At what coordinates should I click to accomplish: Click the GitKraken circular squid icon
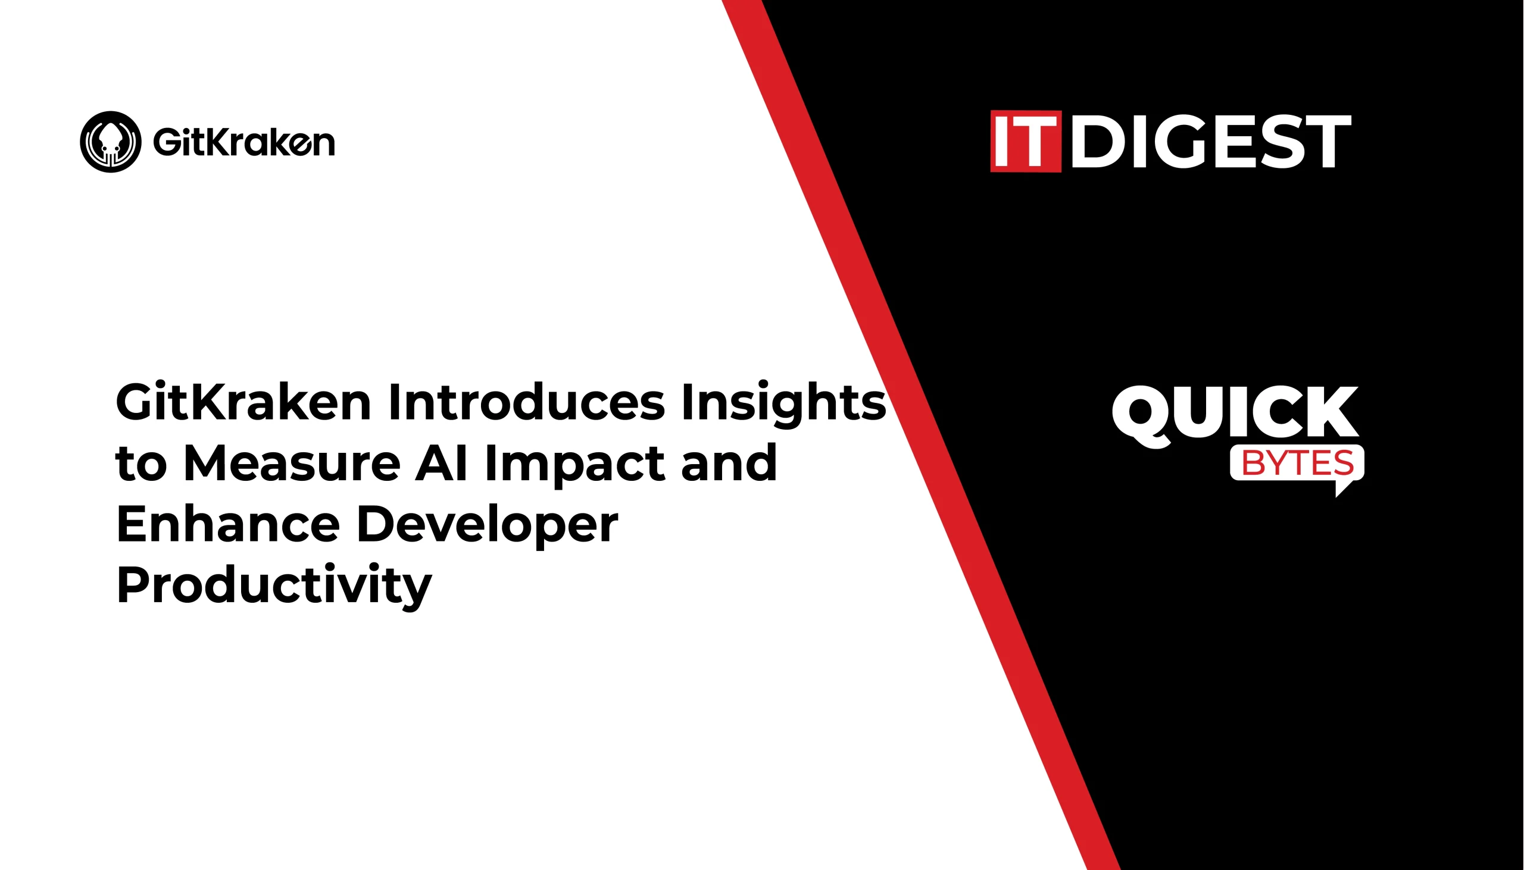click(x=111, y=142)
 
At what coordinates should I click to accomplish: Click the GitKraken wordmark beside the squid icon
click(x=244, y=142)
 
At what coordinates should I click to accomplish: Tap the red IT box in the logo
click(x=1026, y=141)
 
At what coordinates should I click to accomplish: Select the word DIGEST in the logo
click(x=1211, y=142)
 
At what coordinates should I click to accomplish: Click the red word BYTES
click(x=1298, y=463)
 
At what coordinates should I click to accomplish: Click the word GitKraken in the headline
click(x=243, y=402)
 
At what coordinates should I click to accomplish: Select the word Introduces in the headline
click(x=526, y=402)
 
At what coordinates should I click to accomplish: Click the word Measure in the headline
click(x=292, y=463)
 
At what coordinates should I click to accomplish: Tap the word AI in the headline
click(x=441, y=463)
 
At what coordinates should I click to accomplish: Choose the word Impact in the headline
click(x=574, y=465)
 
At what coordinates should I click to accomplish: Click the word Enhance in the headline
click(x=228, y=524)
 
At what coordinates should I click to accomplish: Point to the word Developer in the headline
click(x=488, y=526)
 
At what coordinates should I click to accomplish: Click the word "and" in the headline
click(x=729, y=463)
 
